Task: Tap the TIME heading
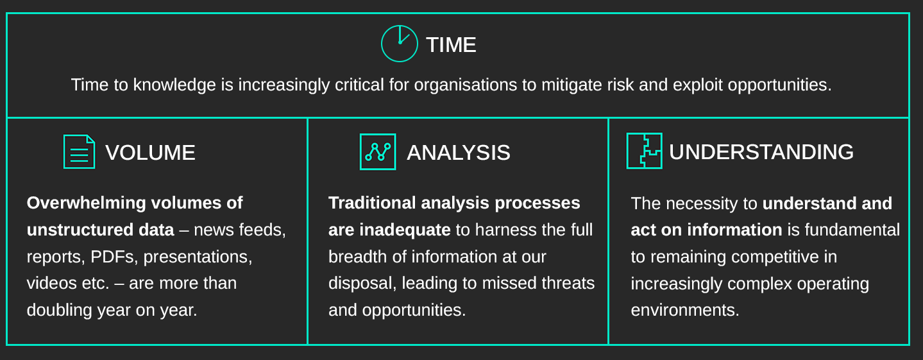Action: (451, 45)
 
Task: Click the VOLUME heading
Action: (150, 153)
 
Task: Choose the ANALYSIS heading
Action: (459, 153)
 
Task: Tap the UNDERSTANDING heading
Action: (761, 151)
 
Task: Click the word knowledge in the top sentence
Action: (174, 85)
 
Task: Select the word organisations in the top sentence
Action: (466, 85)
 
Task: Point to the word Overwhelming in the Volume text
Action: (87, 203)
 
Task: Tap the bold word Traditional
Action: (372, 203)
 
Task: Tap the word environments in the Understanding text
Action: (685, 310)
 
